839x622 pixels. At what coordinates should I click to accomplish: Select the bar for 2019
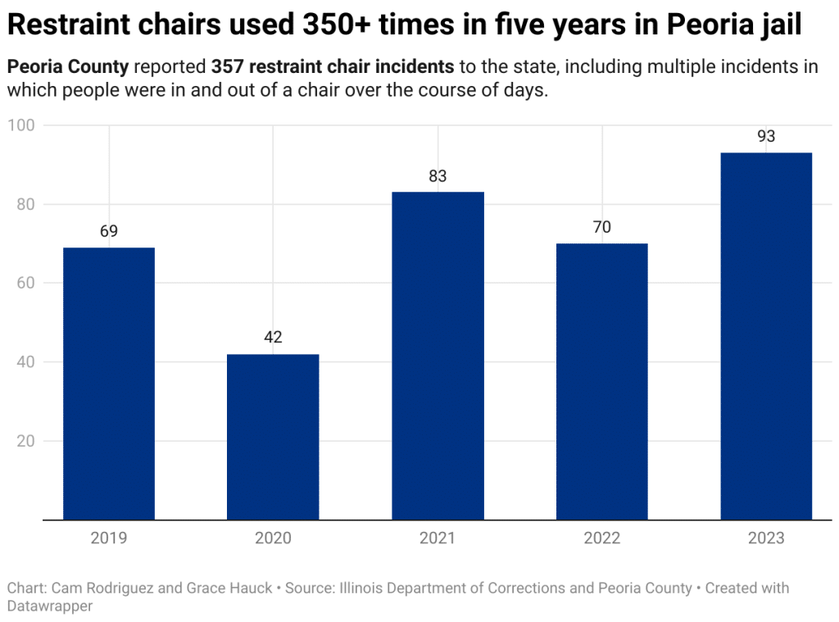109,384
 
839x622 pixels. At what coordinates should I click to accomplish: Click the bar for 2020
273,437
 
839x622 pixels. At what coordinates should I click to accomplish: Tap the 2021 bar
438,356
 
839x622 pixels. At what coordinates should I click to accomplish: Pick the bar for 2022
602,381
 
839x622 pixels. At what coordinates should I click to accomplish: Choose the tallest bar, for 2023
766,336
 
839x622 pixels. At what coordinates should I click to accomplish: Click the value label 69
109,232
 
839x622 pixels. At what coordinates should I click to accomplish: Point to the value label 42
273,338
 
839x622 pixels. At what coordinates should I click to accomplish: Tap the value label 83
438,176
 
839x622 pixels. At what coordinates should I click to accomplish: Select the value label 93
766,137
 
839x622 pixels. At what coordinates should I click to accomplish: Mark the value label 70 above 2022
602,228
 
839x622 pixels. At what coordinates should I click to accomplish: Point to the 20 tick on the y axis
24,441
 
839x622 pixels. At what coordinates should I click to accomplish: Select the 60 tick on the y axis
24,284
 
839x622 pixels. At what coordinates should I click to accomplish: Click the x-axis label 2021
438,538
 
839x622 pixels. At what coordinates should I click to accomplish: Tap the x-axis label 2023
766,538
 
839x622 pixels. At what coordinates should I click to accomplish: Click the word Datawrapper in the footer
50,606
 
